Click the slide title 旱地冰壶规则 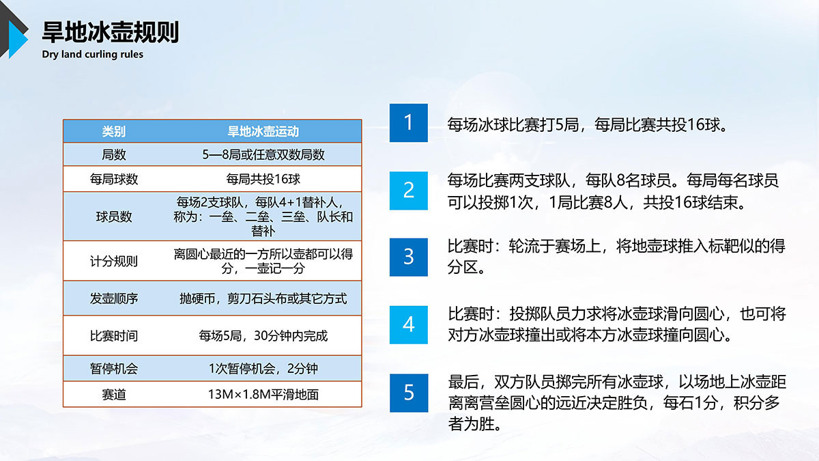[111, 32]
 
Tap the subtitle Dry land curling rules [93, 54]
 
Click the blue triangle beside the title [18, 40]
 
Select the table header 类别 [114, 131]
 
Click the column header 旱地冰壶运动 [263, 131]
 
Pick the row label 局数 [114, 155]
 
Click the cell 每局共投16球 [263, 179]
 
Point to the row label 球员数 [114, 216]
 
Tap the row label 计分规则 [114, 261]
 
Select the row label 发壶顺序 [114, 298]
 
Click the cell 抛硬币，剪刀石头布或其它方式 [263, 298]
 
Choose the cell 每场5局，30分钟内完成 [263, 335]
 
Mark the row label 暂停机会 [114, 368]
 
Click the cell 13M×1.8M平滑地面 [263, 395]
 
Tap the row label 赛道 [114, 395]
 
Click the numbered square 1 [408, 123]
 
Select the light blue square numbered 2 [408, 191]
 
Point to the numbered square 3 [408, 257]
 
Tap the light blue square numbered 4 [408, 325]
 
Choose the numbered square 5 [408, 393]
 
